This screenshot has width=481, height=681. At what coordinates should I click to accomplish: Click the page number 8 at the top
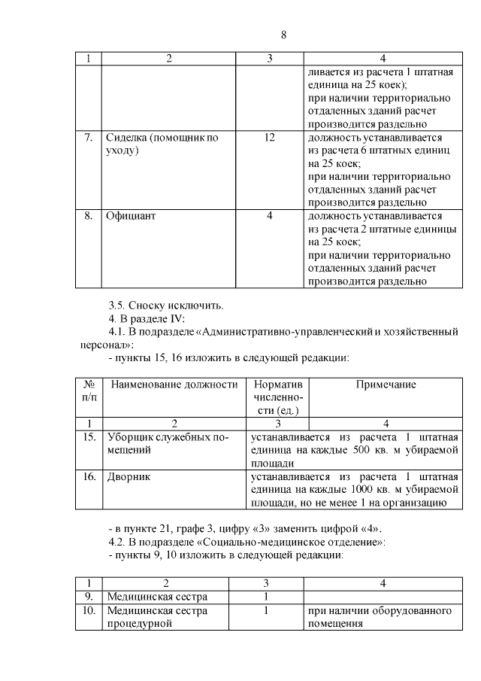tap(283, 35)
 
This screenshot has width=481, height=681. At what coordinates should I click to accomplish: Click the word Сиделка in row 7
tap(127, 138)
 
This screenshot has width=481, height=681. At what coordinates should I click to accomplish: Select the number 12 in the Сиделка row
tap(270, 138)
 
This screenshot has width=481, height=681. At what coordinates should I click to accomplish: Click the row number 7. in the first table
tap(88, 138)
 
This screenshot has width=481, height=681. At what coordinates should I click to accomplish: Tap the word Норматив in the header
tap(278, 384)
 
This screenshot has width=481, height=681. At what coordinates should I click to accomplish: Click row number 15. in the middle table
tap(88, 436)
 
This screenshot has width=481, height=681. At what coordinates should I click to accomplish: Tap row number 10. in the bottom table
tap(88, 610)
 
